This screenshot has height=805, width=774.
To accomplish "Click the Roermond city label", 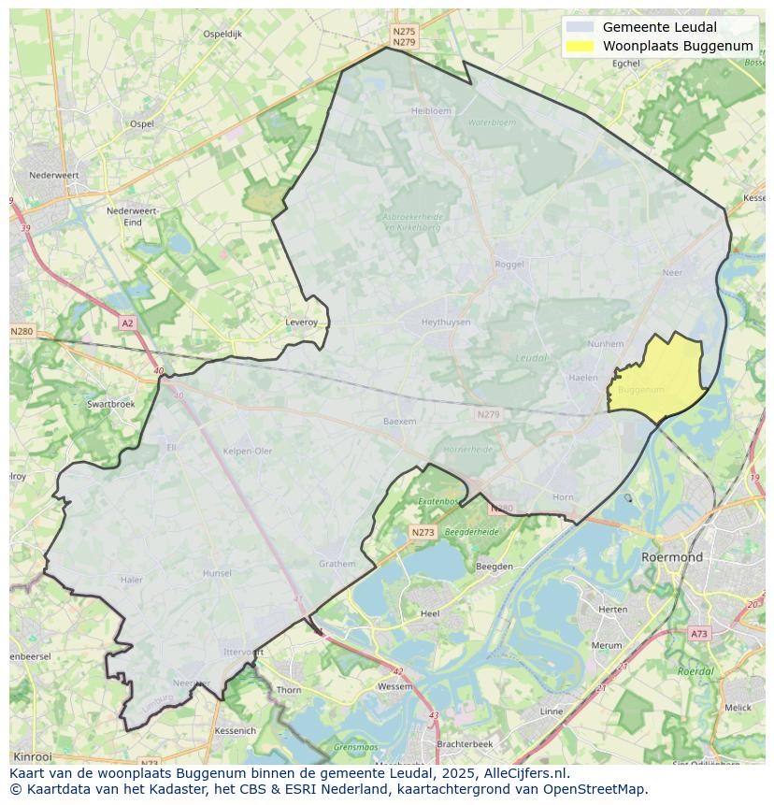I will point(671,556).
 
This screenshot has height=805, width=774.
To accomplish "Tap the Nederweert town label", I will point(53,175).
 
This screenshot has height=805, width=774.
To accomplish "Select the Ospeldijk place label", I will point(222,34).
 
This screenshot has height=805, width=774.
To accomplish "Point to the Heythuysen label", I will point(446,322).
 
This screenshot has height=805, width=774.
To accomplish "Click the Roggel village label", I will point(509,265).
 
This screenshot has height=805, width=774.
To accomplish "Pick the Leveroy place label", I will point(301,322).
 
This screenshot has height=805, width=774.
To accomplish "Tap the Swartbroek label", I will point(110,404).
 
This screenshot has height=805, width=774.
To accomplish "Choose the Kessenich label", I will point(235,730).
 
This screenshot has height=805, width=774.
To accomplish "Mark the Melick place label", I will point(738,708).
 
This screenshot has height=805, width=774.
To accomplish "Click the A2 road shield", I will point(127,323).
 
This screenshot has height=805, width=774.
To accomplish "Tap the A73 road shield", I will point(698,634).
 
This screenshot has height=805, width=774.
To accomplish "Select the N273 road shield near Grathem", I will point(422,532).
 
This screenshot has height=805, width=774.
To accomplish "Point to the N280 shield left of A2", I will point(21,331).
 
